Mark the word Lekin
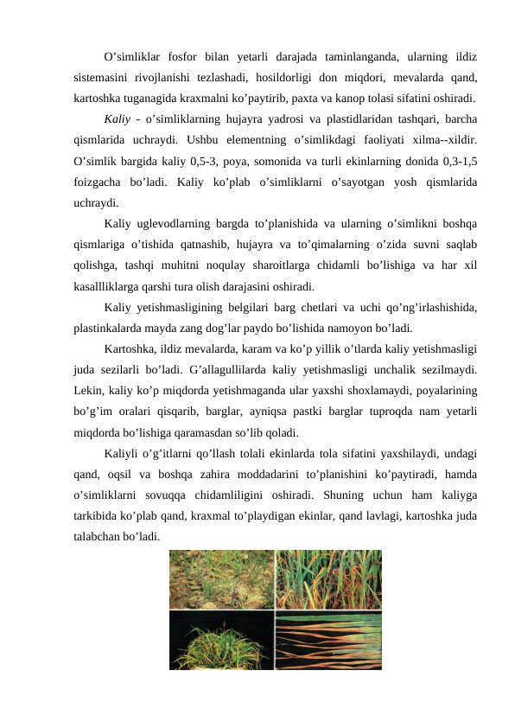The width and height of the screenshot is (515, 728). click(90, 390)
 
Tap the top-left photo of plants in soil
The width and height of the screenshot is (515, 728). click(221, 579)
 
